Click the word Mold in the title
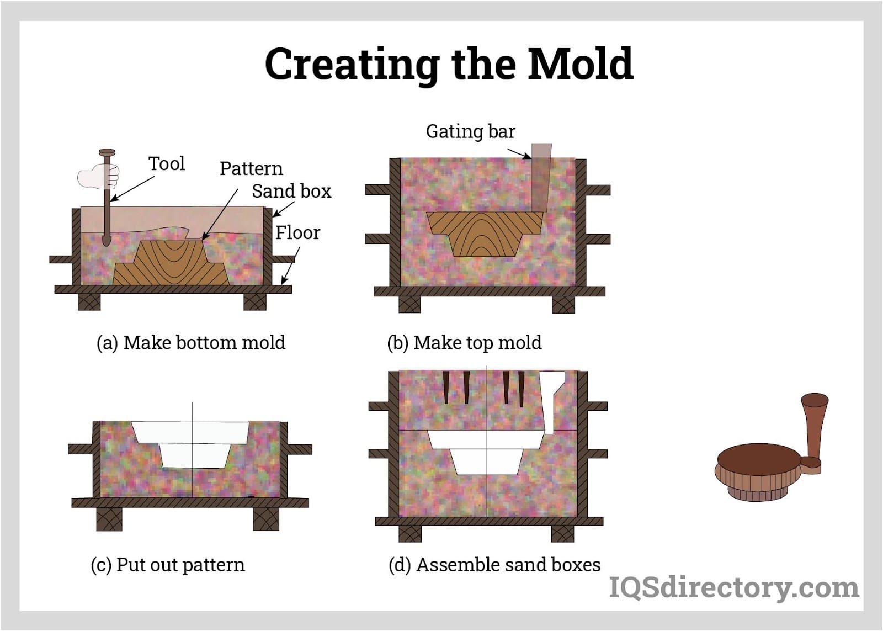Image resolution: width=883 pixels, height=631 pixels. pos(579,63)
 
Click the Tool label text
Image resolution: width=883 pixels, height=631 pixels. pos(166,163)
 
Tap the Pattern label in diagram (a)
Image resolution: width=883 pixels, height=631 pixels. pos(251,168)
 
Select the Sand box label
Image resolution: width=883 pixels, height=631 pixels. pos(291,191)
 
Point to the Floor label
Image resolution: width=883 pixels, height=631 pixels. pos(297,232)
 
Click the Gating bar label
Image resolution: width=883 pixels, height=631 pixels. pos(470,131)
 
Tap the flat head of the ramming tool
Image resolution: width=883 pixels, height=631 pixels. pos(107,152)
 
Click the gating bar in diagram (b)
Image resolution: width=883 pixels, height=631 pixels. pos(540,177)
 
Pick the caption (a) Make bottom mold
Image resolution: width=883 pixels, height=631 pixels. pos(191,342)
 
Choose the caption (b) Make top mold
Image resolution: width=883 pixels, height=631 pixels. pos(464,342)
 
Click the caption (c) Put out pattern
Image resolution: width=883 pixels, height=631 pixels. pos(167,565)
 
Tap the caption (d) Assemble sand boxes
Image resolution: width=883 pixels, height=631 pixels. pos(494,565)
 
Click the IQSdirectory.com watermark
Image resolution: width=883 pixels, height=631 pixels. pos(733,587)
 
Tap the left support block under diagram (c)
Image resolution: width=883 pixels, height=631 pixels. pos(109,519)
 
